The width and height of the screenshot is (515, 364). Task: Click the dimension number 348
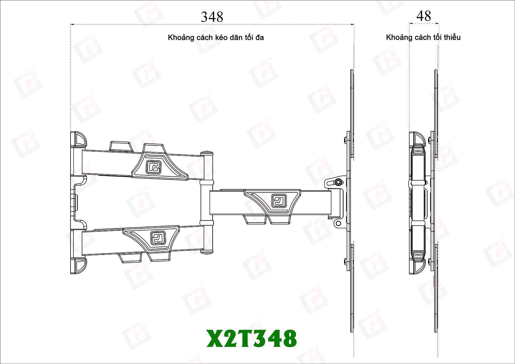pos(212,17)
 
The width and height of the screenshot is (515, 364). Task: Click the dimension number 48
pos(424,16)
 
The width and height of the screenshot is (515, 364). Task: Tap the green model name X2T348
pos(251,339)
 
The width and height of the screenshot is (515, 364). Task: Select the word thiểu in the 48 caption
pos(453,37)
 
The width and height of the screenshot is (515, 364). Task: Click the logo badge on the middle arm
pos(279,200)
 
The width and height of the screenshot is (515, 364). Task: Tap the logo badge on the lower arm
pos(158,237)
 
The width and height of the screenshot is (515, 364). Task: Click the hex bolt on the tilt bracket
pos(338,182)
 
